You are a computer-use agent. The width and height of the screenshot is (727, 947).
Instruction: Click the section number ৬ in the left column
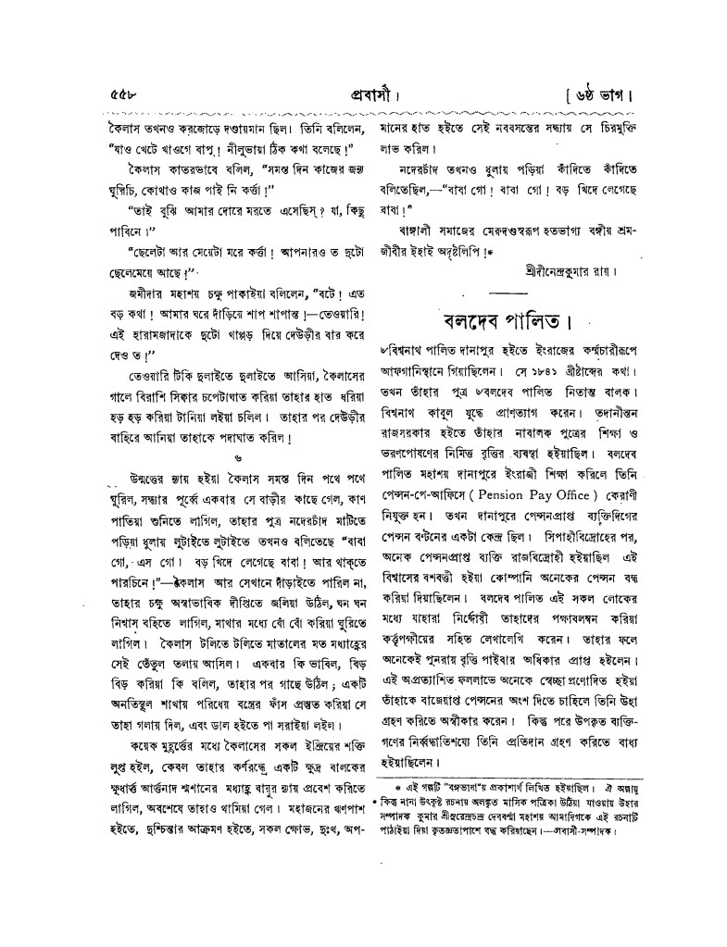point(239,458)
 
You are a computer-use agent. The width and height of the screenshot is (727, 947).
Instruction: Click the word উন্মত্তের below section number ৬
point(141,480)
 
